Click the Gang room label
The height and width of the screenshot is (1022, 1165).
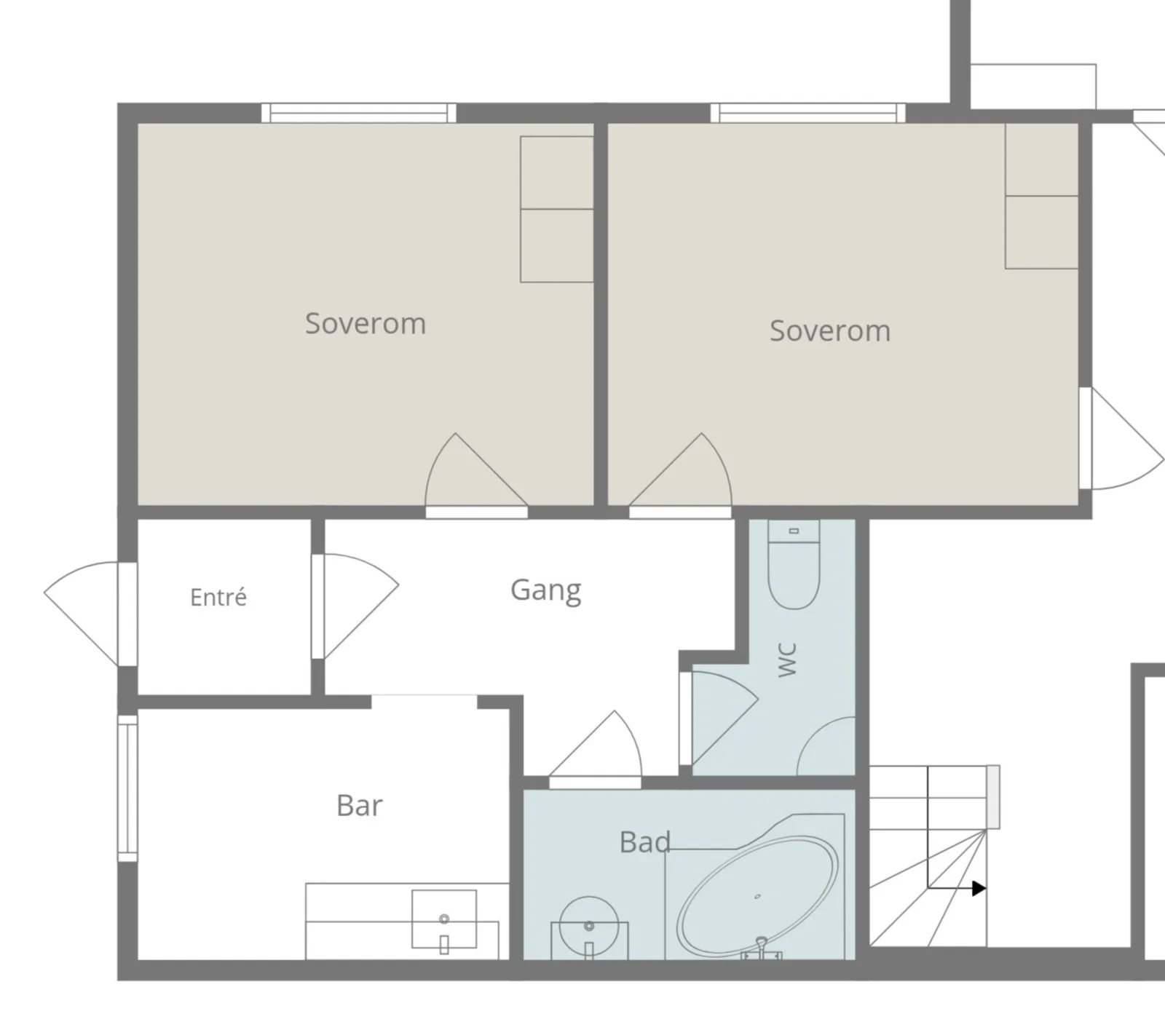pyautogui.click(x=545, y=590)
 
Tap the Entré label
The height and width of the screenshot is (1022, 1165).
pyautogui.click(x=218, y=597)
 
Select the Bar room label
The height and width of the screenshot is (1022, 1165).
pyautogui.click(x=359, y=805)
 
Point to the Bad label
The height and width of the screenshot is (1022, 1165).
pyautogui.click(x=644, y=841)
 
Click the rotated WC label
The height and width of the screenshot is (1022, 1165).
pyautogui.click(x=787, y=659)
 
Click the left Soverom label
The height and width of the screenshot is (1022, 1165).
pyautogui.click(x=366, y=323)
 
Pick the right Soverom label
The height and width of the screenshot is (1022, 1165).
pyautogui.click(x=830, y=330)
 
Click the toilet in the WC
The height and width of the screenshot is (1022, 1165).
pyautogui.click(x=794, y=564)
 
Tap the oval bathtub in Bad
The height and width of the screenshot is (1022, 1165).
pyautogui.click(x=757, y=897)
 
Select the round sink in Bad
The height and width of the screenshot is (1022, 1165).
pyautogui.click(x=589, y=927)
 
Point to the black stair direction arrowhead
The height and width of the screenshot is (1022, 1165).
pyautogui.click(x=979, y=888)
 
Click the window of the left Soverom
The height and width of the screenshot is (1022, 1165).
pyautogui.click(x=359, y=113)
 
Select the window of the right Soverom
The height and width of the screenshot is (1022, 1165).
pyautogui.click(x=808, y=113)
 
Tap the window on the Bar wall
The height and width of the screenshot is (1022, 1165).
pyautogui.click(x=127, y=788)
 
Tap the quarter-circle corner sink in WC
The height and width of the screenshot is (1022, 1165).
pyautogui.click(x=826, y=746)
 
